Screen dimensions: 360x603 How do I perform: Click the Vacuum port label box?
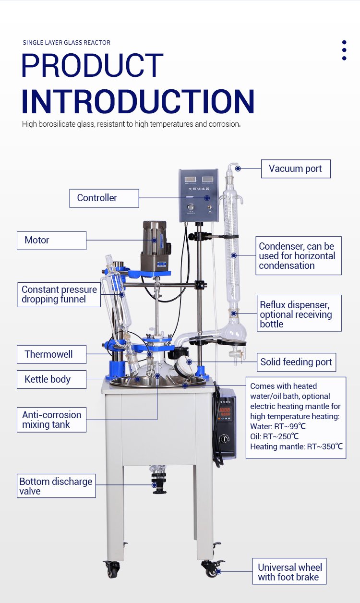tap(296, 169)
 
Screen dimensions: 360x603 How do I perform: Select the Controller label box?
tap(104, 198)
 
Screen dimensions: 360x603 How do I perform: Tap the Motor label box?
tap(52, 241)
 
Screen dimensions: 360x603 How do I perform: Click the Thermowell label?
tap(52, 354)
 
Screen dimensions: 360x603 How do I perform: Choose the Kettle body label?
tap(52, 379)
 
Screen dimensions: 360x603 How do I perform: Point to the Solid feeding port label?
tap(297, 362)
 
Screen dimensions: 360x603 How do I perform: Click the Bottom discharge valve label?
tap(56, 486)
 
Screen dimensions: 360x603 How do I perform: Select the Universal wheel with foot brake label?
tap(289, 571)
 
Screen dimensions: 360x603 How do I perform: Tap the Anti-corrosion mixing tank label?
tap(52, 420)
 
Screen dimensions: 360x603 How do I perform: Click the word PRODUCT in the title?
tap(92, 65)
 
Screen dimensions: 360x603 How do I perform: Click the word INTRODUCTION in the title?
tap(138, 101)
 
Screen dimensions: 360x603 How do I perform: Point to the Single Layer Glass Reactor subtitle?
tap(66, 43)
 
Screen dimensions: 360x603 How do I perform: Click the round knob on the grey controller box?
tap(191, 207)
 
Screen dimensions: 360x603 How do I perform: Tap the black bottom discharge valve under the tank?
tap(159, 483)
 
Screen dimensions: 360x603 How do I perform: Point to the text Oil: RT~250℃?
tap(275, 436)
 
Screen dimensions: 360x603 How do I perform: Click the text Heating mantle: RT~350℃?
tap(297, 446)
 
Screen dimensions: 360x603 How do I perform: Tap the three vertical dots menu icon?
tap(344, 50)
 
